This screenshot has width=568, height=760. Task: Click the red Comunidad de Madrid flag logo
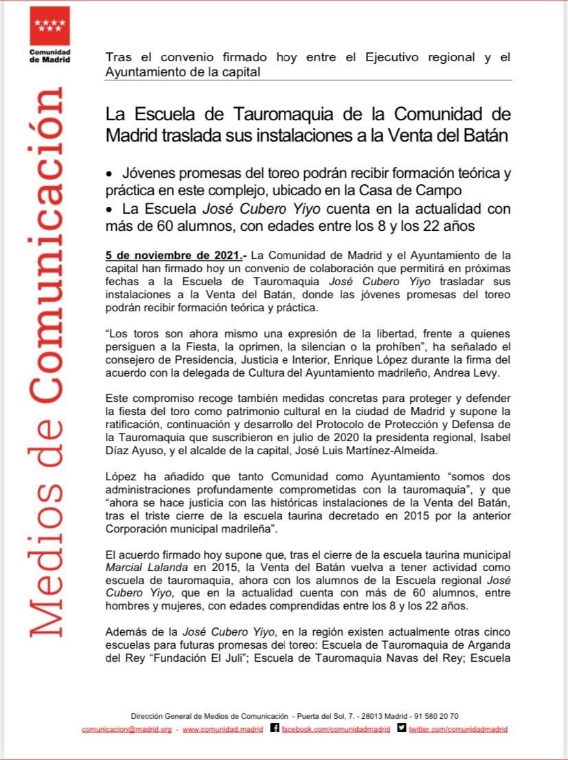[x=50, y=26]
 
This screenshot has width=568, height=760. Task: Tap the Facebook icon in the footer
[x=275, y=728]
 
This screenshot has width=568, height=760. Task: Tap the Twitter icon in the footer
[x=401, y=728]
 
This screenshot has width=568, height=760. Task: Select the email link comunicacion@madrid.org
[x=127, y=729]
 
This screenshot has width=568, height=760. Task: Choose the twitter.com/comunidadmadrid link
[x=458, y=729]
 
